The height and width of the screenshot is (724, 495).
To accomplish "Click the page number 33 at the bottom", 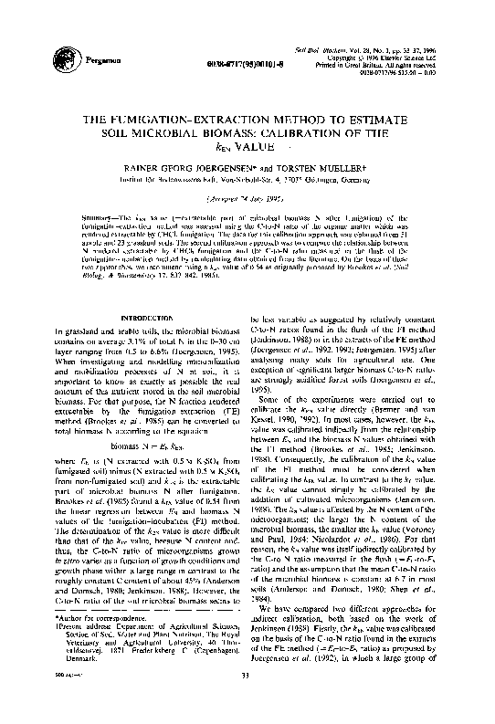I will tap(247, 700).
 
